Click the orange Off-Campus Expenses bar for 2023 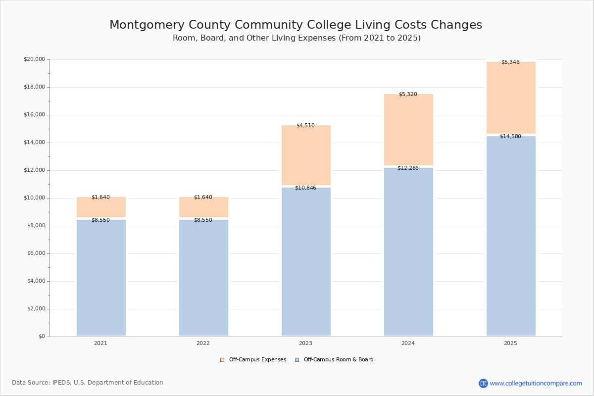click(306, 155)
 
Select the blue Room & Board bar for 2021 click(101, 278)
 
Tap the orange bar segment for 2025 click(511, 98)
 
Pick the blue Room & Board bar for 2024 click(408, 252)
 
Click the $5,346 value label click(510, 62)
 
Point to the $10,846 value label click(305, 188)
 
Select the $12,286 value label click(408, 168)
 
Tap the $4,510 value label click(305, 126)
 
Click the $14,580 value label click(510, 137)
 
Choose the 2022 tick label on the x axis click(203, 344)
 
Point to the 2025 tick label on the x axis click(510, 344)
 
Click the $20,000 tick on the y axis click(34, 59)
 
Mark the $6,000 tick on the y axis click(36, 253)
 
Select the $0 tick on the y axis click(41, 337)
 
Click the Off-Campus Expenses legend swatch click(222, 360)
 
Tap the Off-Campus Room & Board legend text click(339, 360)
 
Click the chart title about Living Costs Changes click(296, 25)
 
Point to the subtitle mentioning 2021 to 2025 click(297, 38)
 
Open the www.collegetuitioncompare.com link click(536, 383)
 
